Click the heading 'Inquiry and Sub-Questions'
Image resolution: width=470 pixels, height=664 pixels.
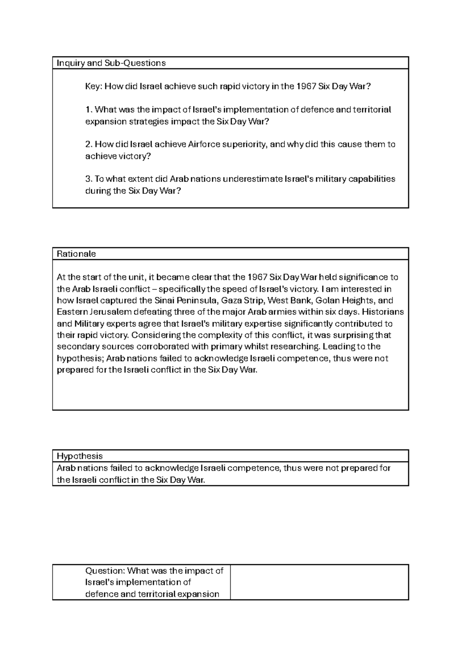pos(111,63)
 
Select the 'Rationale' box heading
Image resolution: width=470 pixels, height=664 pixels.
pos(76,254)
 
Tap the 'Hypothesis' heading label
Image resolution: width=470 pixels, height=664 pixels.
pos(80,456)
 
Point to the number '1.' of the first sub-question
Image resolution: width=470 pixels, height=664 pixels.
pos(89,110)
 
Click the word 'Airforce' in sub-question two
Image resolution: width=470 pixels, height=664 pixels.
pos(204,144)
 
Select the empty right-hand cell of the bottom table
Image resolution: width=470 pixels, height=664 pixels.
pos(319,582)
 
